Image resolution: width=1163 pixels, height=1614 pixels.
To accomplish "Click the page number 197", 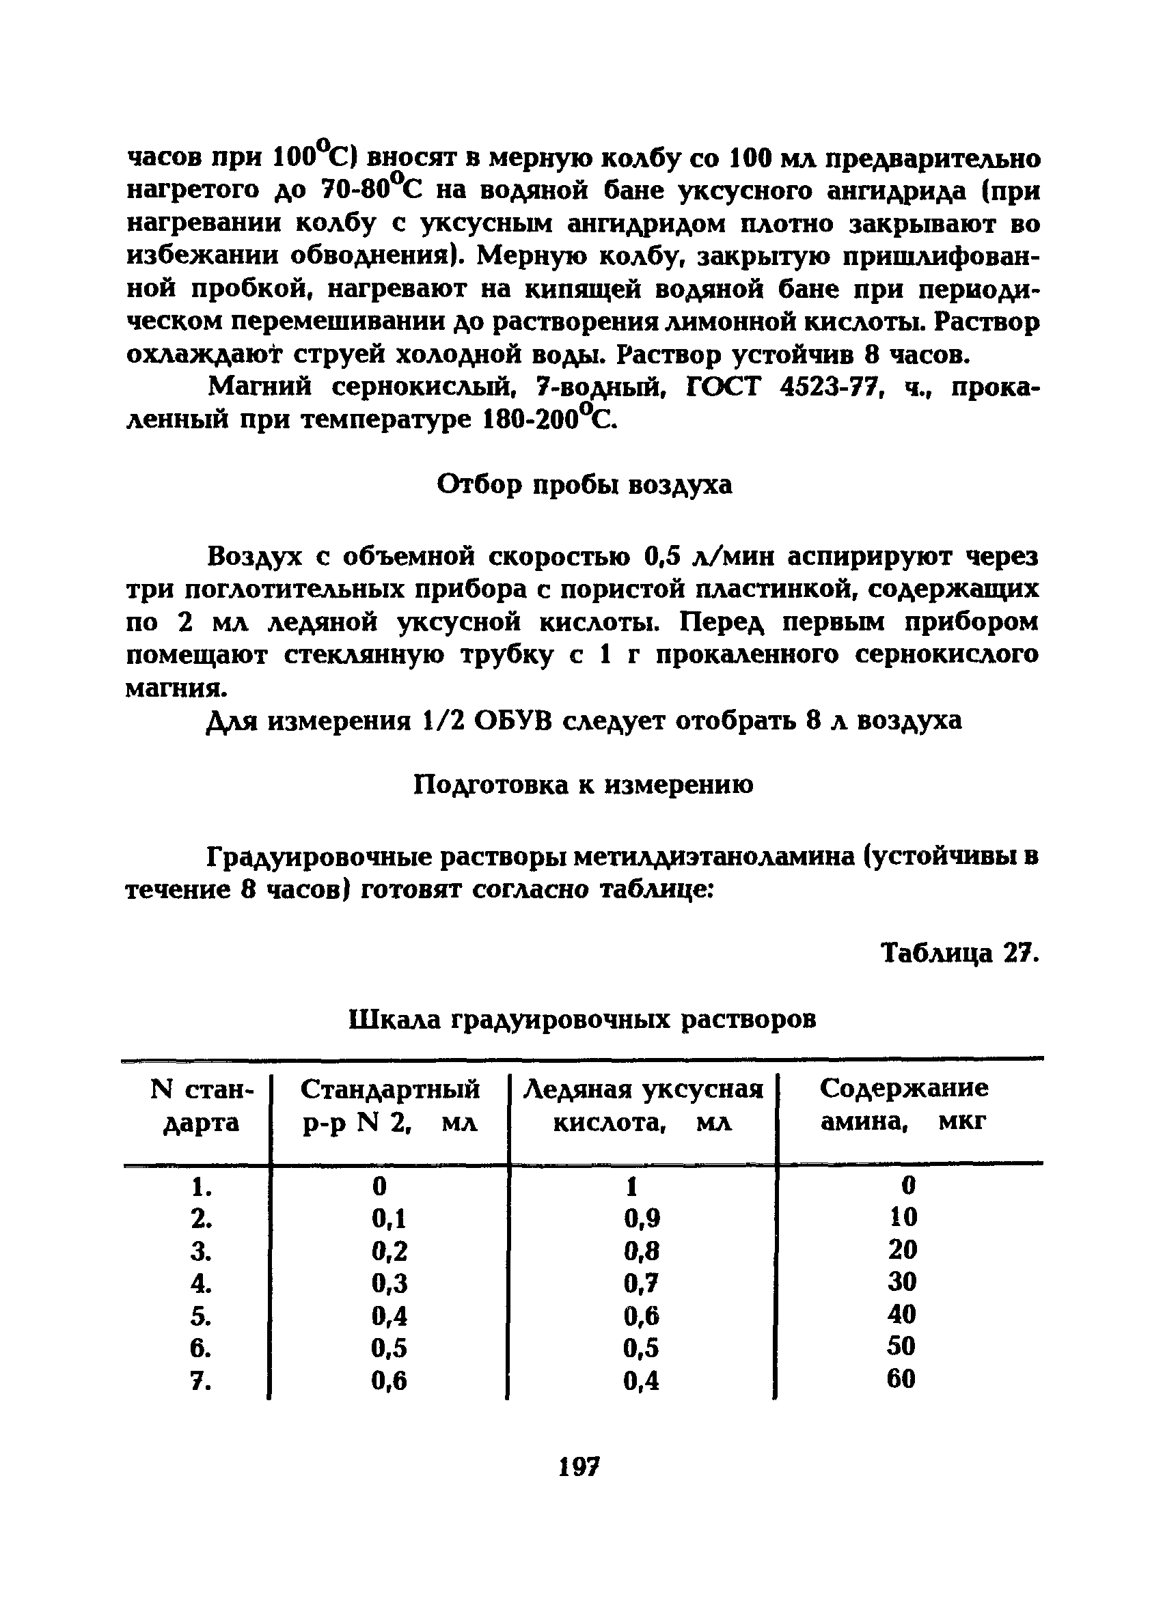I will (579, 1466).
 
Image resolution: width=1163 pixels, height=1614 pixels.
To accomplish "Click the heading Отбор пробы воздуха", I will (584, 485).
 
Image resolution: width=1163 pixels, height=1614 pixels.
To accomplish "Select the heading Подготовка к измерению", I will (583, 785).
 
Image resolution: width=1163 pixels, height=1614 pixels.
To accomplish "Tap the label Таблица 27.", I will (960, 952).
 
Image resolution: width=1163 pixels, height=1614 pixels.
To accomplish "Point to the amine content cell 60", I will (901, 1379).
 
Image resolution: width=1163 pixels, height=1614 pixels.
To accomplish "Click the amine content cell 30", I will (903, 1281).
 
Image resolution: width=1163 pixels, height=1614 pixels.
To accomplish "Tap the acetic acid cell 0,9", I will (642, 1219).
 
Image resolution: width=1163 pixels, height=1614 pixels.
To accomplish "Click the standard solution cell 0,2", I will (389, 1251).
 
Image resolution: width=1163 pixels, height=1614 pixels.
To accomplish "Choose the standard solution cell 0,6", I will (389, 1380).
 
